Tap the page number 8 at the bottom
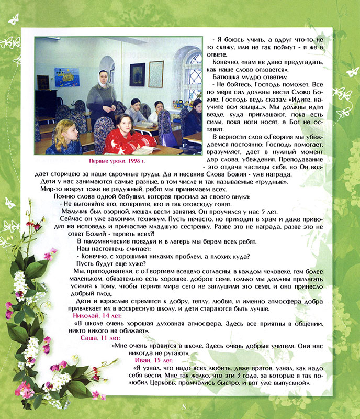(184, 407)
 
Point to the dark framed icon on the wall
(137, 74)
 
